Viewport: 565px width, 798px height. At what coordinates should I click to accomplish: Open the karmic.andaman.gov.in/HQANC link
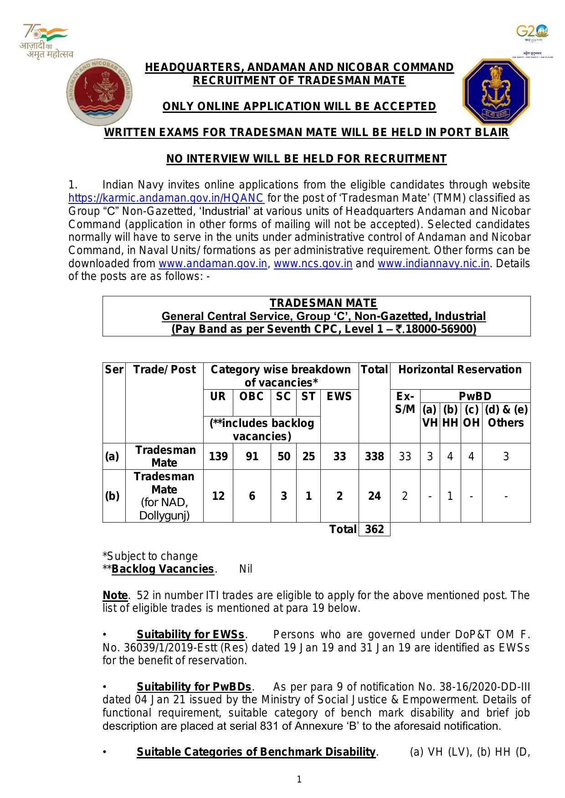click(166, 198)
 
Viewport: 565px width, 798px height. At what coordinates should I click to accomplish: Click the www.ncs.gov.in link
click(313, 264)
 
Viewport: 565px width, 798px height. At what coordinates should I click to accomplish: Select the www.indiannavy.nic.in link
click(433, 264)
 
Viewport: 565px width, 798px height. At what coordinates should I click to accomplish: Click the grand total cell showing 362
click(374, 529)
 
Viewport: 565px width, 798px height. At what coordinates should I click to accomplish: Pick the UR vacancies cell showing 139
click(218, 456)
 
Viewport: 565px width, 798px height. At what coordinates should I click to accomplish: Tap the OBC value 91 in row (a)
click(252, 456)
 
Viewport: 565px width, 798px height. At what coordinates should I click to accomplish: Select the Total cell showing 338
click(374, 456)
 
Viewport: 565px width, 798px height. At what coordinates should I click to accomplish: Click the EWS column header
click(339, 396)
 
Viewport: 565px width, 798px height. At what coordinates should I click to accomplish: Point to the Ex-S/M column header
click(405, 403)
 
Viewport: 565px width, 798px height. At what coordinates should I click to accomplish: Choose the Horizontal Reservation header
click(460, 369)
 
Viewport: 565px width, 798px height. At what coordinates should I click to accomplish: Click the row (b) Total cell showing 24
click(374, 496)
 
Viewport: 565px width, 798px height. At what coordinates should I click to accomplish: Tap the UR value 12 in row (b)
click(218, 496)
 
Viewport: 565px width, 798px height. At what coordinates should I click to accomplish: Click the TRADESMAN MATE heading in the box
click(323, 303)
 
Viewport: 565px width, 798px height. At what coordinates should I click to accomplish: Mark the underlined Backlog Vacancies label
click(163, 569)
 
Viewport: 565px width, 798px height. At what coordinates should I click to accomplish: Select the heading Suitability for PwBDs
click(194, 686)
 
